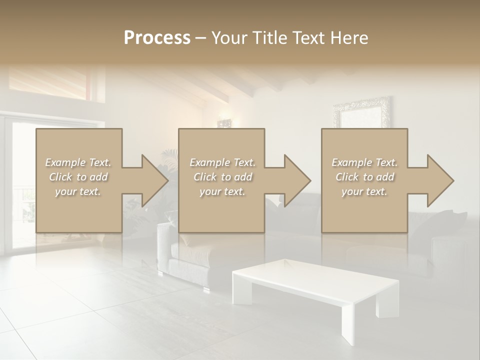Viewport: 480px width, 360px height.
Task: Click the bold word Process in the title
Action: tap(157, 38)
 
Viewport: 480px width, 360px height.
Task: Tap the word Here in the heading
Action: tap(349, 38)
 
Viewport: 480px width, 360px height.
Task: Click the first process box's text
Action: tap(78, 177)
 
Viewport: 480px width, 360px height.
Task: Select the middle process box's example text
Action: tap(221, 177)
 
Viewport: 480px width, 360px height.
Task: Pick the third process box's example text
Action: tap(364, 177)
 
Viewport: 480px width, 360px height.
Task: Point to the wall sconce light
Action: tap(223, 122)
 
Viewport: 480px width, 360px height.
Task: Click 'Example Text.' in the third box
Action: tap(364, 162)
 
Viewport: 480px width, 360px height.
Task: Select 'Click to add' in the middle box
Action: tap(222, 177)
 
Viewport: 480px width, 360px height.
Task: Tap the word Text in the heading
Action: tap(310, 38)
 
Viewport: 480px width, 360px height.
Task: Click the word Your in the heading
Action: tap(227, 38)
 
